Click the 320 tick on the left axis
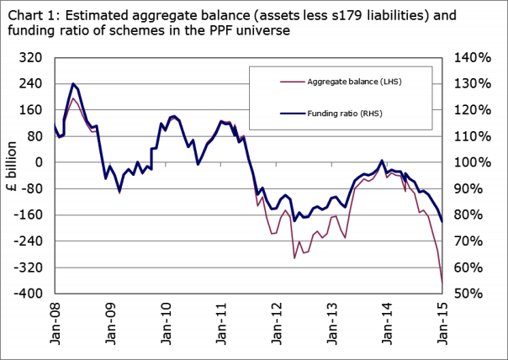coord(32,57)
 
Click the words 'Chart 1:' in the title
coord(32,12)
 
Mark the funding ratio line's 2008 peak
coord(74,84)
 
